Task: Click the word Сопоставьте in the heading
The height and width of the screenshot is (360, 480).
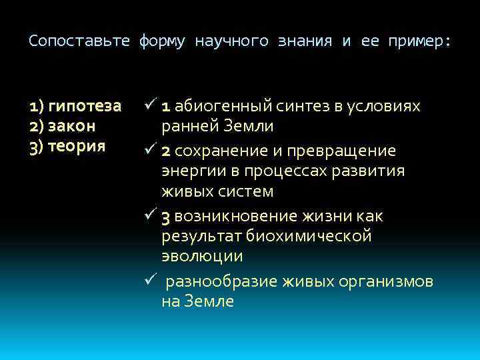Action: click(x=79, y=41)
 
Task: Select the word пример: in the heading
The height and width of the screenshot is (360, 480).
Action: click(x=419, y=41)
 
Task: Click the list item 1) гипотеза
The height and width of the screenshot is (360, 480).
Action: click(x=75, y=107)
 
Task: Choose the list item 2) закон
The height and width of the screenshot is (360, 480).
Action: click(x=63, y=126)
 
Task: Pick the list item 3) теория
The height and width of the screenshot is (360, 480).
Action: click(x=67, y=145)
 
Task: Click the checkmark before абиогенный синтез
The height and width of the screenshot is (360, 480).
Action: click(x=149, y=106)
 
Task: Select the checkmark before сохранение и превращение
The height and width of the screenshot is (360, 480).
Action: click(x=149, y=150)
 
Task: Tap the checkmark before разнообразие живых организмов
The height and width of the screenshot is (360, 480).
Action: click(x=149, y=281)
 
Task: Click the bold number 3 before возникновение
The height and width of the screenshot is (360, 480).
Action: click(x=167, y=217)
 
